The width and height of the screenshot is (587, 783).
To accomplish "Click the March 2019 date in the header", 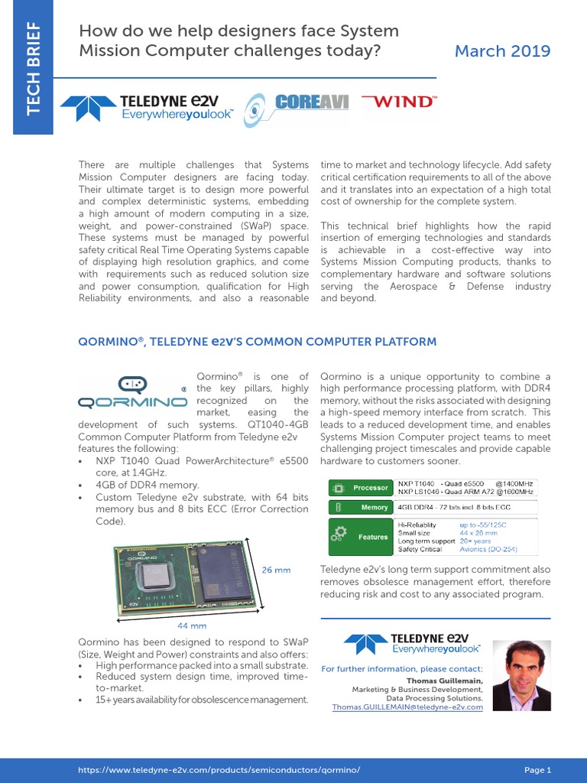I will (x=502, y=51).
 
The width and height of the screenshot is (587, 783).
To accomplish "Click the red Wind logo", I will (x=398, y=101).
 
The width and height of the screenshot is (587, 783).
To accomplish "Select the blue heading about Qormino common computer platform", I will (x=258, y=342).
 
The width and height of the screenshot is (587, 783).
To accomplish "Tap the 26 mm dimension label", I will (x=277, y=570).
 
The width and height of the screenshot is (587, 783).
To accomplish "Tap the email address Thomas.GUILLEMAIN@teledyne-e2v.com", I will (x=407, y=707).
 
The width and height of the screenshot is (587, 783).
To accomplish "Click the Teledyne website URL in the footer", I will (x=219, y=770).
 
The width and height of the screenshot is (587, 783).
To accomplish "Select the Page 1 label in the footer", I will (x=537, y=770).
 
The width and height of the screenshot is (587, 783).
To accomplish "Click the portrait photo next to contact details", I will (x=521, y=675).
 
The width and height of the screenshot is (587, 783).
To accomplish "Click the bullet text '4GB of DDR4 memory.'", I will (x=147, y=485).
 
